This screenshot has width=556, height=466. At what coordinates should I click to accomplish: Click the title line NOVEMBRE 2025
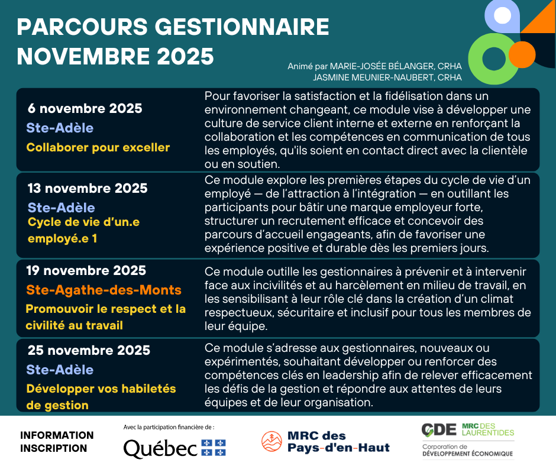click(x=115, y=56)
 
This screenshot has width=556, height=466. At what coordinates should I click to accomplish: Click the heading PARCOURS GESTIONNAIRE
click(x=173, y=27)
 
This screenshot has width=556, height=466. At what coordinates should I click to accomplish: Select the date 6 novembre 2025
click(x=85, y=109)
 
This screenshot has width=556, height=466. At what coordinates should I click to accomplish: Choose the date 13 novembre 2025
click(x=88, y=189)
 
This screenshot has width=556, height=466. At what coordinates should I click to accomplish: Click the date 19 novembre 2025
click(x=86, y=271)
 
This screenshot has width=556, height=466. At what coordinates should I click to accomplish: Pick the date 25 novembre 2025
click(x=89, y=351)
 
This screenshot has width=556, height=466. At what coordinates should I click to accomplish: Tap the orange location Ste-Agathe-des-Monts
click(x=104, y=290)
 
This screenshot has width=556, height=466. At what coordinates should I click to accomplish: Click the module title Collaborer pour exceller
click(x=98, y=147)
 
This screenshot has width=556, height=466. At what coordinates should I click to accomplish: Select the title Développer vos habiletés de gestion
click(x=101, y=397)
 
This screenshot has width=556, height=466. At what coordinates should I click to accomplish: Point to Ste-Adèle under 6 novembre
click(x=60, y=128)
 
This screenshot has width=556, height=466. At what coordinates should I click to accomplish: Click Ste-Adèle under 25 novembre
click(x=60, y=370)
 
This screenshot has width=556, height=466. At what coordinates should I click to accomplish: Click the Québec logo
click(x=174, y=448)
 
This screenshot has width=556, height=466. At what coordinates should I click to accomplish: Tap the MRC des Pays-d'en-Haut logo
click(x=326, y=441)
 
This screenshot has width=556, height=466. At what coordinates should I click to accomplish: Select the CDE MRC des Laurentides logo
click(x=467, y=440)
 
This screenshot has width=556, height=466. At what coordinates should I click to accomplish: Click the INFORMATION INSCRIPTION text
click(x=57, y=442)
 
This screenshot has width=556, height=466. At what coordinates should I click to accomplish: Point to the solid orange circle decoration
click(x=522, y=54)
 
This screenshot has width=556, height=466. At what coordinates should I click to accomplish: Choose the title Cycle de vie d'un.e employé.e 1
click(x=83, y=231)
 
